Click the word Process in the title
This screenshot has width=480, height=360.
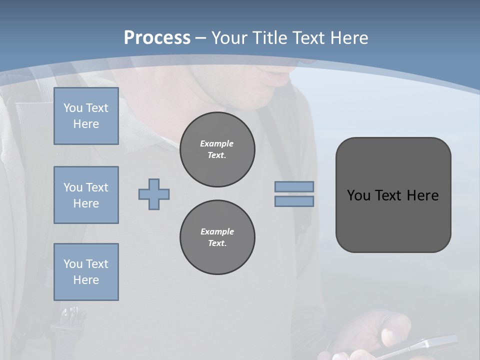(x=157, y=38)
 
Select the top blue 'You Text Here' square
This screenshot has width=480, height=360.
(x=86, y=116)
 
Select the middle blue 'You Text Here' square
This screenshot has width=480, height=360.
(x=86, y=195)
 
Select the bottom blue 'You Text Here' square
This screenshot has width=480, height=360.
(x=86, y=272)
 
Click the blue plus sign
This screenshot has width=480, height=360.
(x=154, y=194)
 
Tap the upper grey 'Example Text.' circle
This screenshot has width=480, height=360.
(x=217, y=149)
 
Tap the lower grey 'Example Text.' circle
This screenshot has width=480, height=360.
(x=217, y=237)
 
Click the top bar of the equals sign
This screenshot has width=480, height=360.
(x=294, y=186)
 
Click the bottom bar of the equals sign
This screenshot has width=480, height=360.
(x=294, y=201)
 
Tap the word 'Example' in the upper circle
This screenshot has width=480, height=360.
(x=216, y=143)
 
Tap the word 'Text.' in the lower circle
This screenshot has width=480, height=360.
(x=217, y=243)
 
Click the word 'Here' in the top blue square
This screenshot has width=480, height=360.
(x=86, y=124)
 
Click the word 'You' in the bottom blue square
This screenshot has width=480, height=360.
(x=73, y=264)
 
